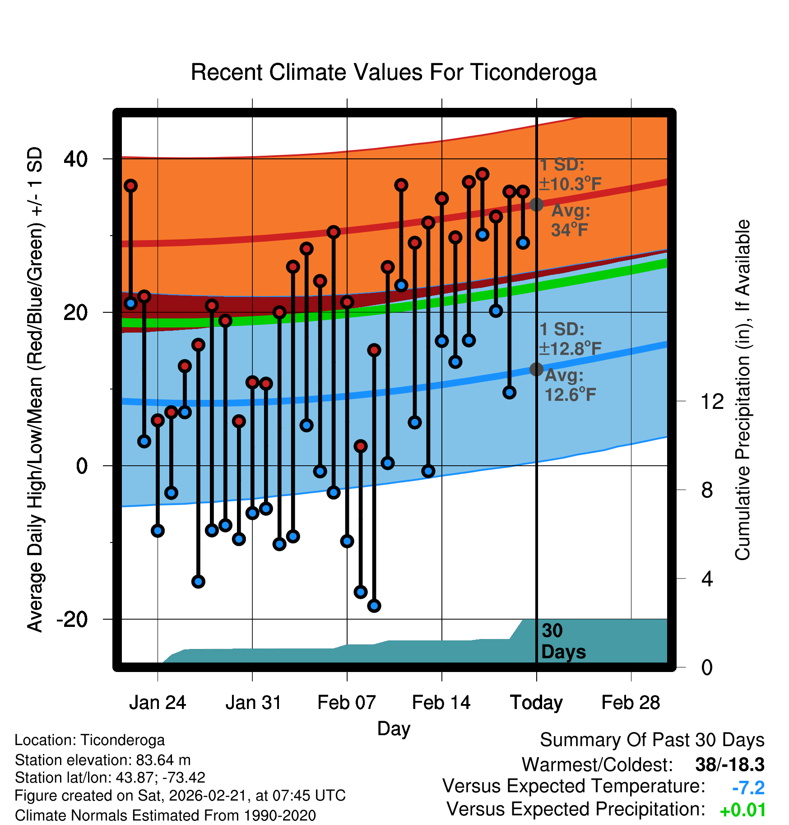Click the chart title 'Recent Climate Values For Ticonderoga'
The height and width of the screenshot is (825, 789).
394,72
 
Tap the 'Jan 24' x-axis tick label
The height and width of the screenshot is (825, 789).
157,703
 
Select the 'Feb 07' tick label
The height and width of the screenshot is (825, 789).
346,703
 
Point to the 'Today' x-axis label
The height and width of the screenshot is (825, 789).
536,703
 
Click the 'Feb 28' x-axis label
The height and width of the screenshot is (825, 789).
631,703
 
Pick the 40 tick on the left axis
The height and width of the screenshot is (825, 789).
76,159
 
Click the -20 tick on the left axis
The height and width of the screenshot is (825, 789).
72,619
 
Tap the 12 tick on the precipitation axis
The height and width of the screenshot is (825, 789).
712,401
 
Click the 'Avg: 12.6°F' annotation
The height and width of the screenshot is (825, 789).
570,385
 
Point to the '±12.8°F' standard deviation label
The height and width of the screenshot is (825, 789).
570,348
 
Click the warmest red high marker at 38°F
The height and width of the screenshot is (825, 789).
483,174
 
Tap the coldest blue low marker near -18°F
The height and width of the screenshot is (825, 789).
374,606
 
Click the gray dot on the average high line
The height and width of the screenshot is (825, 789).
536,204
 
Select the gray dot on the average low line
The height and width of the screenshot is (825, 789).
536,369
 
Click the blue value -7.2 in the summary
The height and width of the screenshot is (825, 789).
748,788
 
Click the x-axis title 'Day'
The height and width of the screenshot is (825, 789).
394,728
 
